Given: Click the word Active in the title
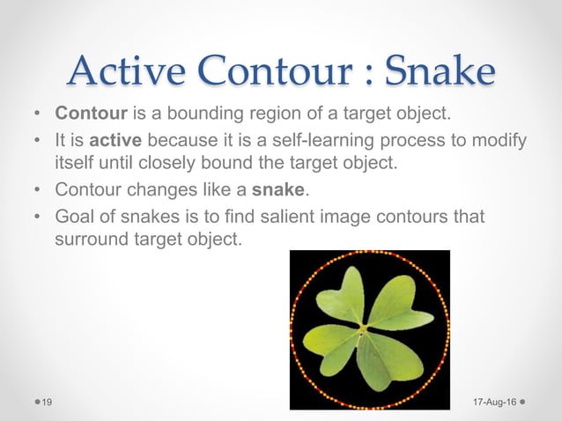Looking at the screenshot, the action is [127, 70].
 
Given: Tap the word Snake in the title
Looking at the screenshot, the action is [440, 70].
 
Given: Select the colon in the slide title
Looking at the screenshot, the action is [368, 74].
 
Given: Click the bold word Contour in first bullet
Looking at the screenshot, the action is [91, 113].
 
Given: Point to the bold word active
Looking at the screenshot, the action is [115, 140].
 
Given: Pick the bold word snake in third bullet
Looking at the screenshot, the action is [278, 189].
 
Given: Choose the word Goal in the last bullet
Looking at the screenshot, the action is [75, 216].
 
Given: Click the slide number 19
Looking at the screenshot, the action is [47, 402].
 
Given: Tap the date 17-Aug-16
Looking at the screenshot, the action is [495, 402].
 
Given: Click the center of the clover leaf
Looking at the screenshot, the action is [363, 329].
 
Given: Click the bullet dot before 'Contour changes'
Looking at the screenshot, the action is [37, 189].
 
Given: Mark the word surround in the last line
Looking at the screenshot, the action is [92, 239].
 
